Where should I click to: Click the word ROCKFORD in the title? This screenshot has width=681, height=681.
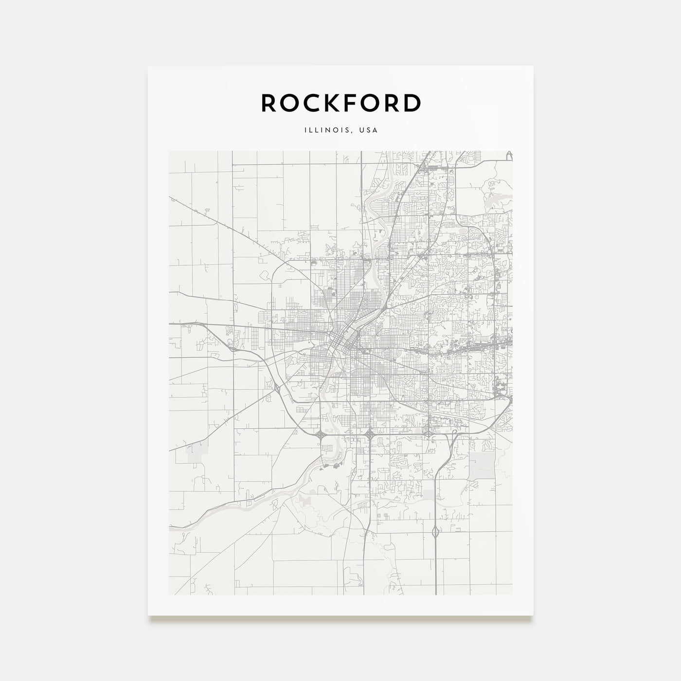tap(340, 103)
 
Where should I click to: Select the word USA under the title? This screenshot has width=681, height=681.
tap(369, 130)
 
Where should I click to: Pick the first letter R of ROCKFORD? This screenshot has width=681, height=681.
tap(269, 103)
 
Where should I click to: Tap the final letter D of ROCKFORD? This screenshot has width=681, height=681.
tap(412, 103)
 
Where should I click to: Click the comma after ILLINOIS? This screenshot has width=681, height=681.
tap(350, 132)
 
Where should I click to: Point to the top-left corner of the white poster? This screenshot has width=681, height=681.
tap(148, 66)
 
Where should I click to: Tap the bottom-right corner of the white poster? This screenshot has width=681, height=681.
tap(533, 615)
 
